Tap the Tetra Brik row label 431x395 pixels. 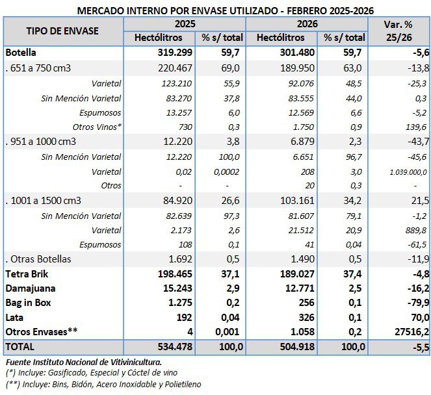click(x=27, y=274)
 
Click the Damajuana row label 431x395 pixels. click(x=29, y=288)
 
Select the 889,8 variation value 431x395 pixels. click(x=416, y=230)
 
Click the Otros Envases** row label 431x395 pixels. click(x=41, y=331)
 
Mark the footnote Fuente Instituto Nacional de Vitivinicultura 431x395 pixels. click(x=83, y=362)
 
